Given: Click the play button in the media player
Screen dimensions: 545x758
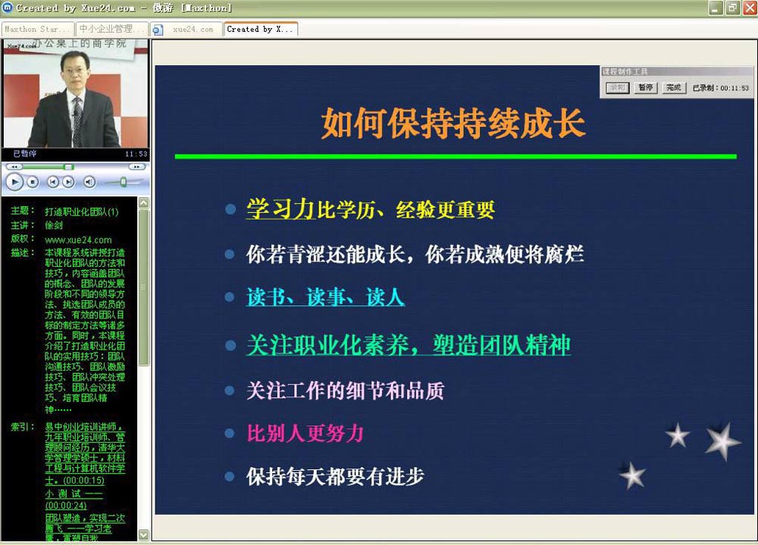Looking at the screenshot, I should click(14, 182).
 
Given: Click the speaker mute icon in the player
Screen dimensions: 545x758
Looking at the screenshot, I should click(89, 182).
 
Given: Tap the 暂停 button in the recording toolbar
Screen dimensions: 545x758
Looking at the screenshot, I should click(646, 88).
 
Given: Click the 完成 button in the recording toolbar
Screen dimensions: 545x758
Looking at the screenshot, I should click(673, 88).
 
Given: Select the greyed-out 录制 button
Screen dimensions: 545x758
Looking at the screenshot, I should click(618, 88).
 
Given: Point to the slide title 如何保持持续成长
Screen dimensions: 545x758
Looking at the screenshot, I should click(453, 124).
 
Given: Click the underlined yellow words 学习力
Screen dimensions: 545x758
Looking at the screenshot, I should click(280, 209).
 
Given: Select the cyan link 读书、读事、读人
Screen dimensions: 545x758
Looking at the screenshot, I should click(325, 297).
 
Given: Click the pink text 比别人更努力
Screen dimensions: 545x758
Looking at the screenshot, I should click(305, 433).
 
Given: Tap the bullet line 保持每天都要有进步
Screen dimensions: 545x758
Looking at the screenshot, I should click(335, 476).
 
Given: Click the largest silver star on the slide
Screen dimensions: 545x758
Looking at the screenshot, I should click(722, 440).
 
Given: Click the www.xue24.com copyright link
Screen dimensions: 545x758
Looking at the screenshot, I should click(78, 240).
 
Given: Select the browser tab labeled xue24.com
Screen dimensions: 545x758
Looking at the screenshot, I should click(193, 30).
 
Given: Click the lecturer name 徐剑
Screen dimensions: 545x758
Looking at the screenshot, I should click(54, 226).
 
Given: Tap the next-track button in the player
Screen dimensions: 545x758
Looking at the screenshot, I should click(68, 182).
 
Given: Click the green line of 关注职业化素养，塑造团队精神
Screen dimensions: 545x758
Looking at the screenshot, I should click(408, 345).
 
